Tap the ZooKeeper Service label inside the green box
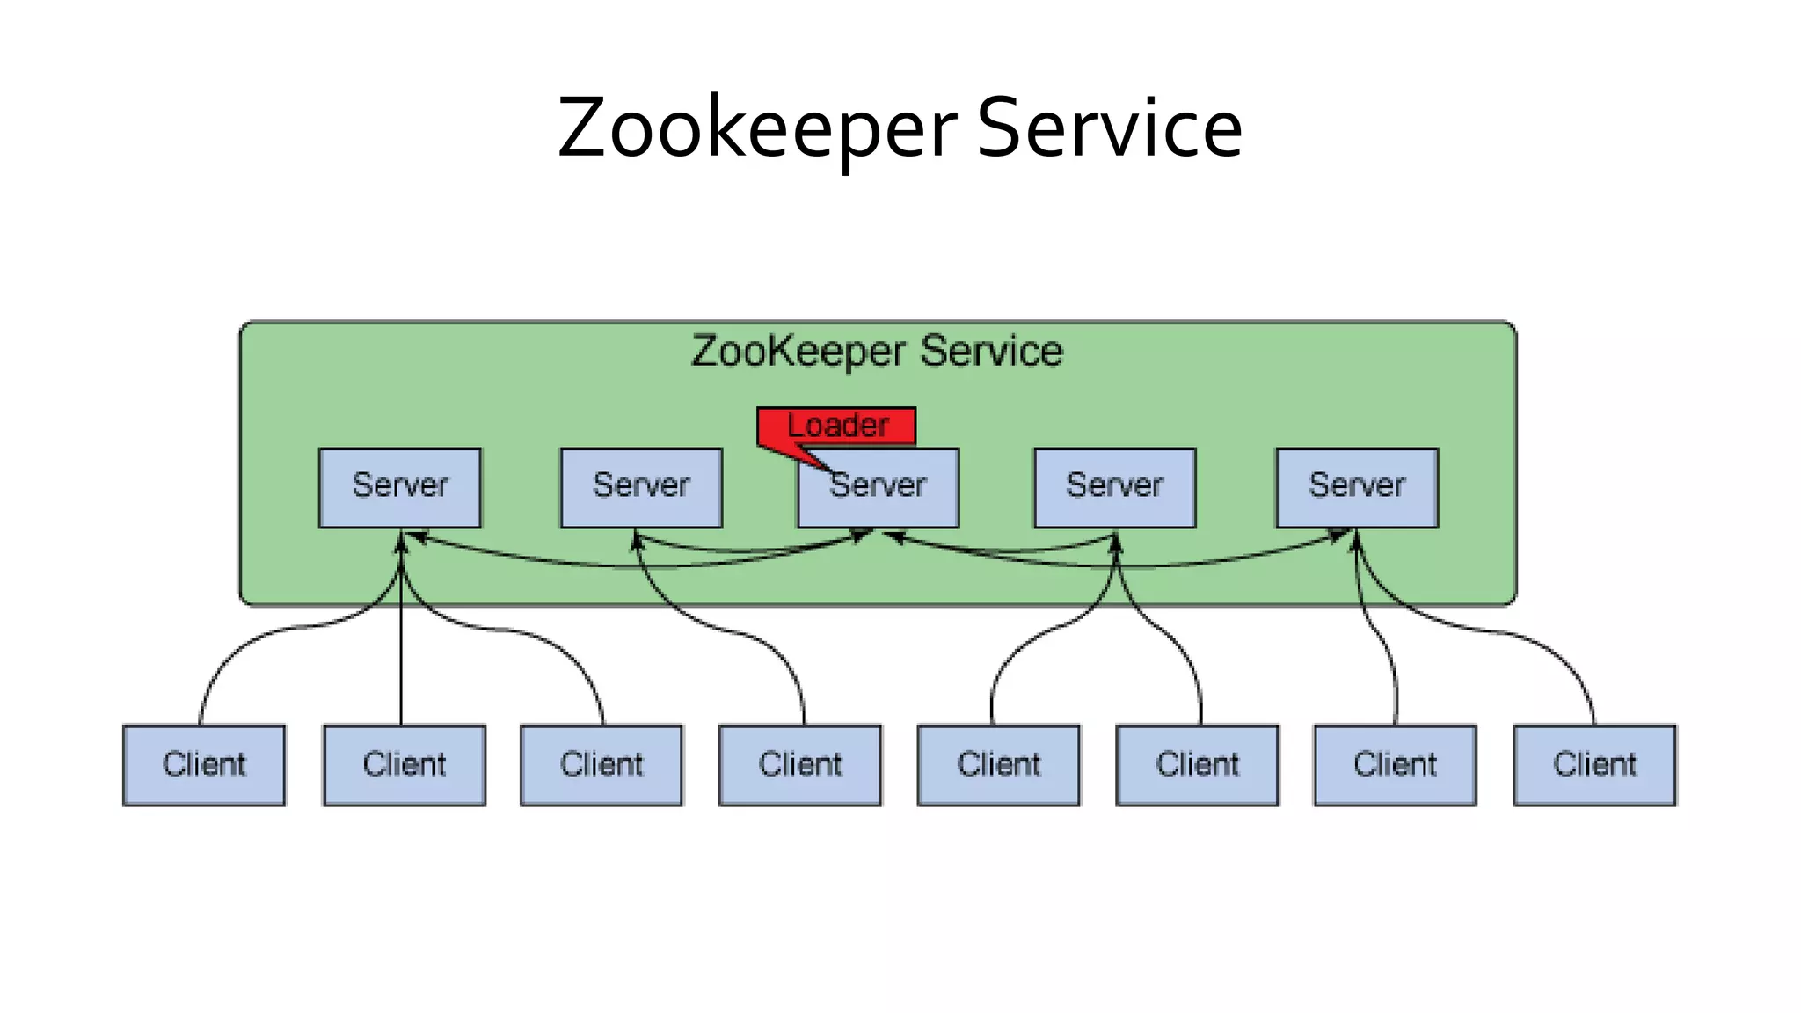click(x=877, y=351)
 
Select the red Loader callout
click(x=837, y=426)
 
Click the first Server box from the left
click(x=400, y=488)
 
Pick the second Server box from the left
click(x=641, y=488)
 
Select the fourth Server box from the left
click(x=1114, y=488)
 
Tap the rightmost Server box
click(x=1357, y=488)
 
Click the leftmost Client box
click(x=204, y=765)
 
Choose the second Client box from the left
click(x=405, y=765)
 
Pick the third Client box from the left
click(x=602, y=765)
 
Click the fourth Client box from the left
click(x=800, y=765)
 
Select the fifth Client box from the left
click(x=999, y=765)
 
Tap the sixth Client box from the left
click(x=1198, y=765)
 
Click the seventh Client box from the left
click(x=1396, y=765)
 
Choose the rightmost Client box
click(x=1594, y=765)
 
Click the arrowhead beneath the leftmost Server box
click(x=401, y=542)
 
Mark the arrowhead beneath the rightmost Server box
click(x=1355, y=540)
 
